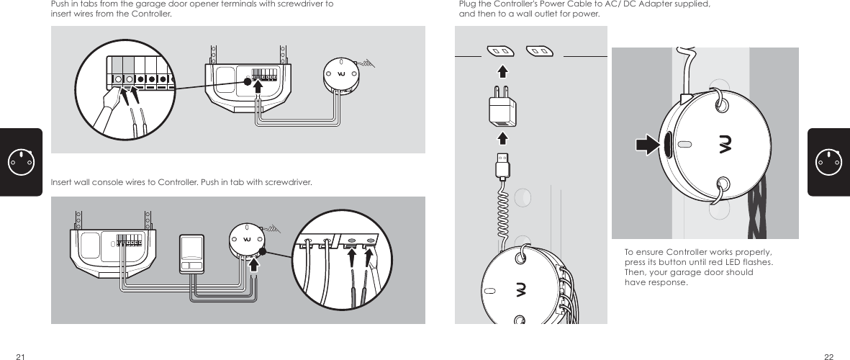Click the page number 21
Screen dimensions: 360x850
pyautogui.click(x=21, y=356)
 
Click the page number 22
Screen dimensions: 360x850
pyautogui.click(x=829, y=356)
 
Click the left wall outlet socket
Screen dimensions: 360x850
pyautogui.click(x=500, y=51)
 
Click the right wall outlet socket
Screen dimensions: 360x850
pyautogui.click(x=538, y=51)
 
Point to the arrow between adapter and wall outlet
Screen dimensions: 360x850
pyautogui.click(x=502, y=71)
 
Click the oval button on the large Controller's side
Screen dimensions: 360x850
pyautogui.click(x=667, y=145)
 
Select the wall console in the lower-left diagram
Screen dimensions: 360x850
pyautogui.click(x=192, y=253)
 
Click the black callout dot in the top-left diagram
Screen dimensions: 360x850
pyautogui.click(x=248, y=81)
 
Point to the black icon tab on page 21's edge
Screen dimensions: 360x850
pyautogui.click(x=20, y=162)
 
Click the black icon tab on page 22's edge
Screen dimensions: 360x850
pyautogui.click(x=828, y=162)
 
